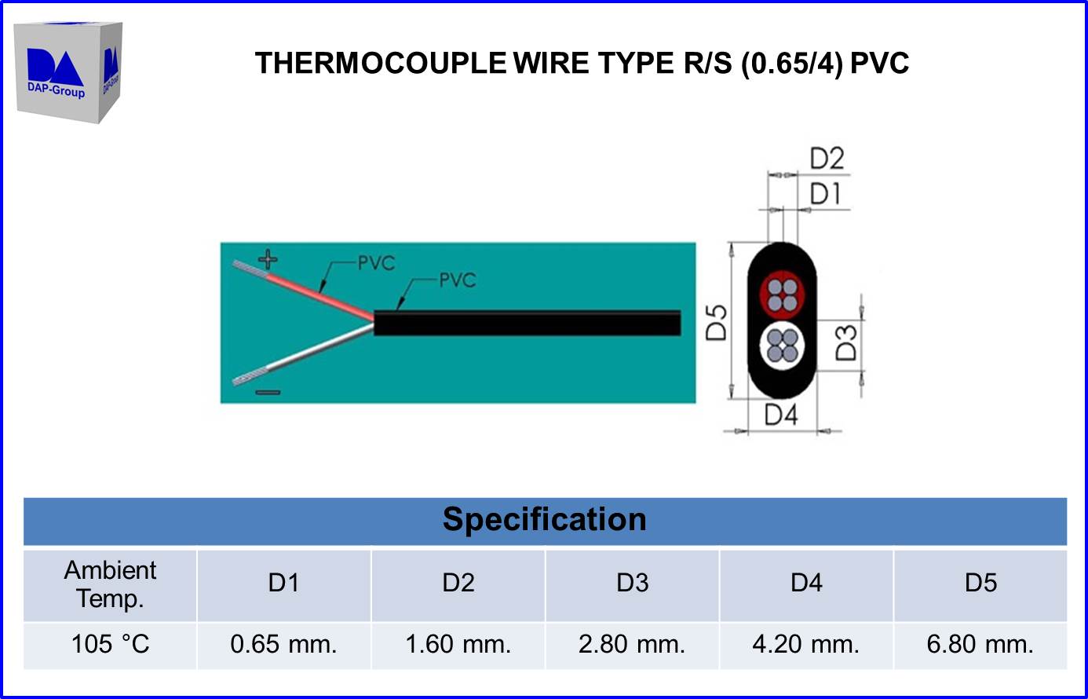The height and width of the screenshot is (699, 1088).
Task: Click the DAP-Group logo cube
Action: (x=68, y=71)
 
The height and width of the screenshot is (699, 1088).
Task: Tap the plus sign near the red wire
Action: (x=268, y=258)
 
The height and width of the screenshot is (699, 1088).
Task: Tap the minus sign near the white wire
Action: (x=268, y=392)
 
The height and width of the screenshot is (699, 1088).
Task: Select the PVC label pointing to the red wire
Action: (x=376, y=263)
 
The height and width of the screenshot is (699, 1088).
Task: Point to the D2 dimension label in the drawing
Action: (x=827, y=159)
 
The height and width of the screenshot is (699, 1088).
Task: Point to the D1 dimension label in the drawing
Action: (x=825, y=193)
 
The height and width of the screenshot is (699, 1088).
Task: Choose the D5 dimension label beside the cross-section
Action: (x=717, y=322)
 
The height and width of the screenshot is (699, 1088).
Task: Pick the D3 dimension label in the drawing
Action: (x=845, y=342)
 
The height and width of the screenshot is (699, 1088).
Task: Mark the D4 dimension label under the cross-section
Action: (x=781, y=414)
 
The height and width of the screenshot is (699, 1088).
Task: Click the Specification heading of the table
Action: (x=544, y=520)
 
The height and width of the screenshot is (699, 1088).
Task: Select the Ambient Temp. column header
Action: (x=110, y=584)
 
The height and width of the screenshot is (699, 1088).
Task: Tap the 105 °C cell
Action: (x=110, y=644)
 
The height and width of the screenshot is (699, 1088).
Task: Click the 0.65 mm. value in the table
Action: (x=283, y=644)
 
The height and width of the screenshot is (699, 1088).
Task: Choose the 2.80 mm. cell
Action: (x=632, y=644)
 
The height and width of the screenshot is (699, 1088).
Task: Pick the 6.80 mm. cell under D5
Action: (x=980, y=644)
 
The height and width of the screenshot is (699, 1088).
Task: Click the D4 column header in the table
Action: (x=806, y=583)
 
